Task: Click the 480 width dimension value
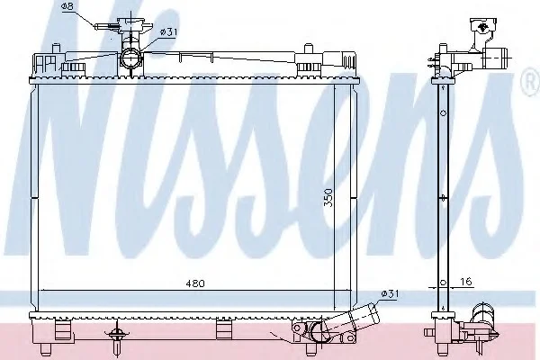[195, 283]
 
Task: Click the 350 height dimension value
[328, 197]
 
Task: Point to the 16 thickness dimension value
[465, 282]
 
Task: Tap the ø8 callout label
[67, 6]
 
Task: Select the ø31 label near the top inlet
[168, 32]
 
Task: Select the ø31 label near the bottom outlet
[390, 294]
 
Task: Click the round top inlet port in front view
[131, 58]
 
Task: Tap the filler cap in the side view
[483, 26]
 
